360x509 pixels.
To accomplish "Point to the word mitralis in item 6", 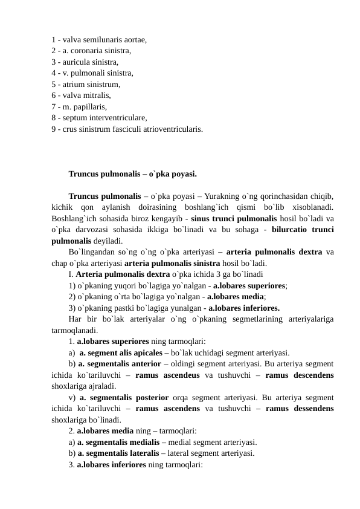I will [x=97, y=95].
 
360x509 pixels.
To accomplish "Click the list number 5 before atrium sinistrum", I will [x=54, y=84].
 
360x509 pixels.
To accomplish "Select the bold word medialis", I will [x=148, y=443].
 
